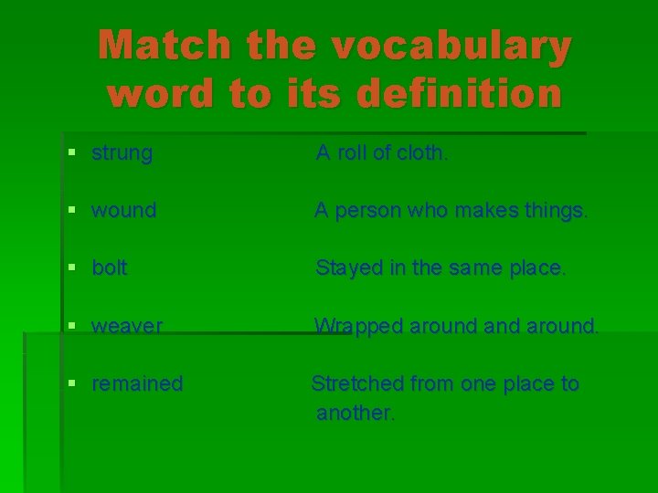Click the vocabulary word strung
122,153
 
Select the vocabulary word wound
124,211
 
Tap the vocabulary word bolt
110,268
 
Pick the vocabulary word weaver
127,326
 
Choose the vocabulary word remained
137,383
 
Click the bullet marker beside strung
73,153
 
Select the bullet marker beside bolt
73,268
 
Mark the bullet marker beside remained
73,383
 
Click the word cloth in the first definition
422,153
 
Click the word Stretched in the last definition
357,383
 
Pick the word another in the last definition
356,413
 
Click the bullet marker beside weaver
73,326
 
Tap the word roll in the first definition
354,153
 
